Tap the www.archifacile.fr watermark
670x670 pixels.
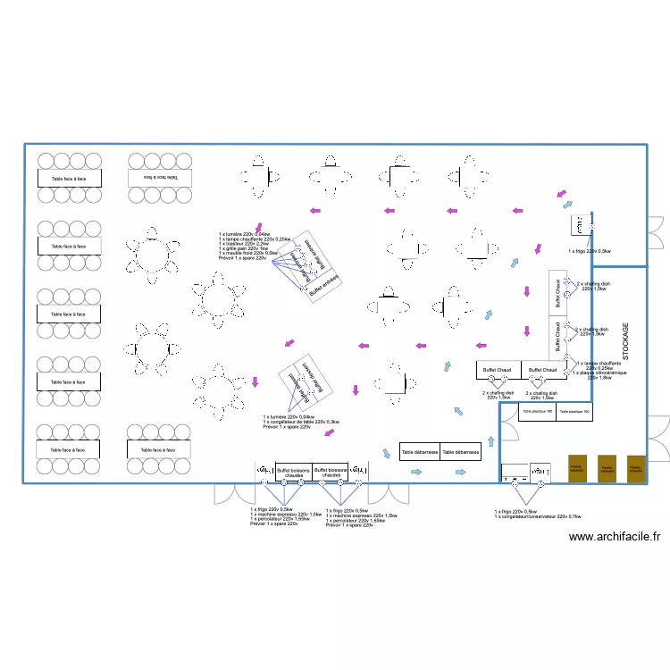click(614, 537)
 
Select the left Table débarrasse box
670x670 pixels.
click(420, 452)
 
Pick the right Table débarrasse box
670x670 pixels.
click(461, 452)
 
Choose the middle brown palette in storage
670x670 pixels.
click(607, 468)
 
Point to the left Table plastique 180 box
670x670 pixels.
click(538, 412)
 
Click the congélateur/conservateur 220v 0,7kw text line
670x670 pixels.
click(538, 516)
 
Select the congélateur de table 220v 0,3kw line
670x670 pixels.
click(301, 422)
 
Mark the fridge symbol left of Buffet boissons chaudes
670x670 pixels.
click(264, 471)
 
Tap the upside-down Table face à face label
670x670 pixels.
click(159, 177)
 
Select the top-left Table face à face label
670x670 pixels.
click(69, 178)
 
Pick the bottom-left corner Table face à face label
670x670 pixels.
click(69, 449)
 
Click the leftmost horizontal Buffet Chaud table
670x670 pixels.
click(498, 370)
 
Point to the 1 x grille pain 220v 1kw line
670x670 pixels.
click(244, 248)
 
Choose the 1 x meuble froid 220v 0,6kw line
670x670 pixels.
click(247, 253)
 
